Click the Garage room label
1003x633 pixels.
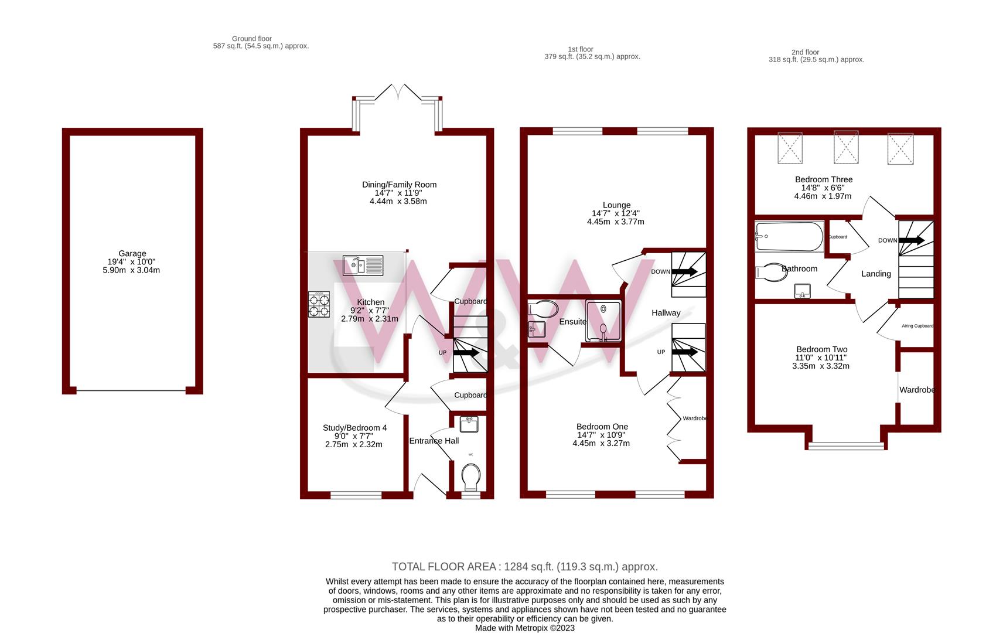pos(132,254)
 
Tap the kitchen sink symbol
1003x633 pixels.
pos(363,265)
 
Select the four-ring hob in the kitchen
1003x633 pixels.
pos(319,305)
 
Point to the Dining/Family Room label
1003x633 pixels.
pos(399,185)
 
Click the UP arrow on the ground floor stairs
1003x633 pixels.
pos(466,353)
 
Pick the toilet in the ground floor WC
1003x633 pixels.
pos(470,477)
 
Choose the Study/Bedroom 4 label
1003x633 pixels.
pos(354,428)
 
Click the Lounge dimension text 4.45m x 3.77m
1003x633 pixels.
pos(616,222)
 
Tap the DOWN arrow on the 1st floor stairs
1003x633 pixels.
pos(684,271)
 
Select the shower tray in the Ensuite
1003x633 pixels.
pos(603,321)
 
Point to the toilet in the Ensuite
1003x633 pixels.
pos(543,309)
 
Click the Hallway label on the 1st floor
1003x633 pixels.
pos(666,313)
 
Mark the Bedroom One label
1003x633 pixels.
pos(602,427)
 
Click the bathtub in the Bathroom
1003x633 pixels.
pos(789,237)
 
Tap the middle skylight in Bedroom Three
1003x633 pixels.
pos(846,147)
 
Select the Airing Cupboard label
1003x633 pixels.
pos(917,326)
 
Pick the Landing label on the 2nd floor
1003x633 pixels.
pos(876,274)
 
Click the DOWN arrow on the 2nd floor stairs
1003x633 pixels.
pos(912,240)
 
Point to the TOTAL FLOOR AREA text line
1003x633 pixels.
pos(525,567)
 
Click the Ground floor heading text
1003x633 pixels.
pos(252,39)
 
